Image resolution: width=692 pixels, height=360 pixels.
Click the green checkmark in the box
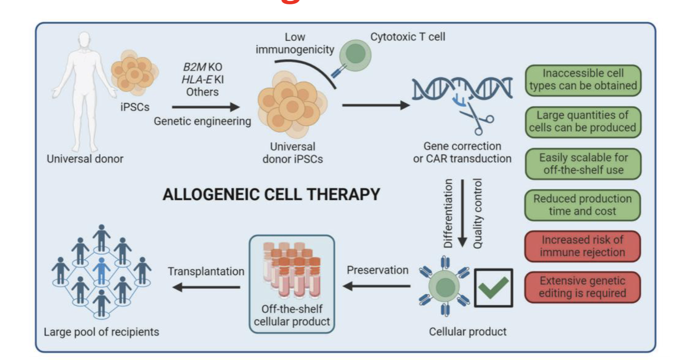pyautogui.click(x=493, y=287)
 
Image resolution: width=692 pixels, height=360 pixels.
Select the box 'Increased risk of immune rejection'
pyautogui.click(x=582, y=246)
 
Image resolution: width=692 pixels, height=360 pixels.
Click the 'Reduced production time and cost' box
pyautogui.click(x=582, y=205)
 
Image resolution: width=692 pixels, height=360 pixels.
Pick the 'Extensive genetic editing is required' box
pyautogui.click(x=582, y=287)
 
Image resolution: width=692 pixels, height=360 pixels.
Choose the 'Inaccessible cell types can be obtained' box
pyautogui.click(x=582, y=80)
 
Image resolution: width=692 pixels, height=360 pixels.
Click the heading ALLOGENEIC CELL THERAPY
pyautogui.click(x=271, y=195)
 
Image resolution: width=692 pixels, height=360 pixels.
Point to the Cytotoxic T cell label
pyautogui.click(x=407, y=37)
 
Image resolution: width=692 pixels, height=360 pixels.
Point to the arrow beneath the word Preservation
pyautogui.click(x=377, y=286)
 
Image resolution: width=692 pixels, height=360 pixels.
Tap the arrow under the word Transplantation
pyautogui.click(x=206, y=287)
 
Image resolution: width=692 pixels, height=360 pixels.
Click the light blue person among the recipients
pyautogui.click(x=101, y=269)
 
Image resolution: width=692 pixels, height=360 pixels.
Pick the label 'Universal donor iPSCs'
pyautogui.click(x=293, y=153)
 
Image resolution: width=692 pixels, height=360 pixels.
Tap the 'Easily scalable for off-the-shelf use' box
pyautogui.click(x=582, y=163)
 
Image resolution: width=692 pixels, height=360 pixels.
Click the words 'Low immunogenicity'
pyautogui.click(x=294, y=42)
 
